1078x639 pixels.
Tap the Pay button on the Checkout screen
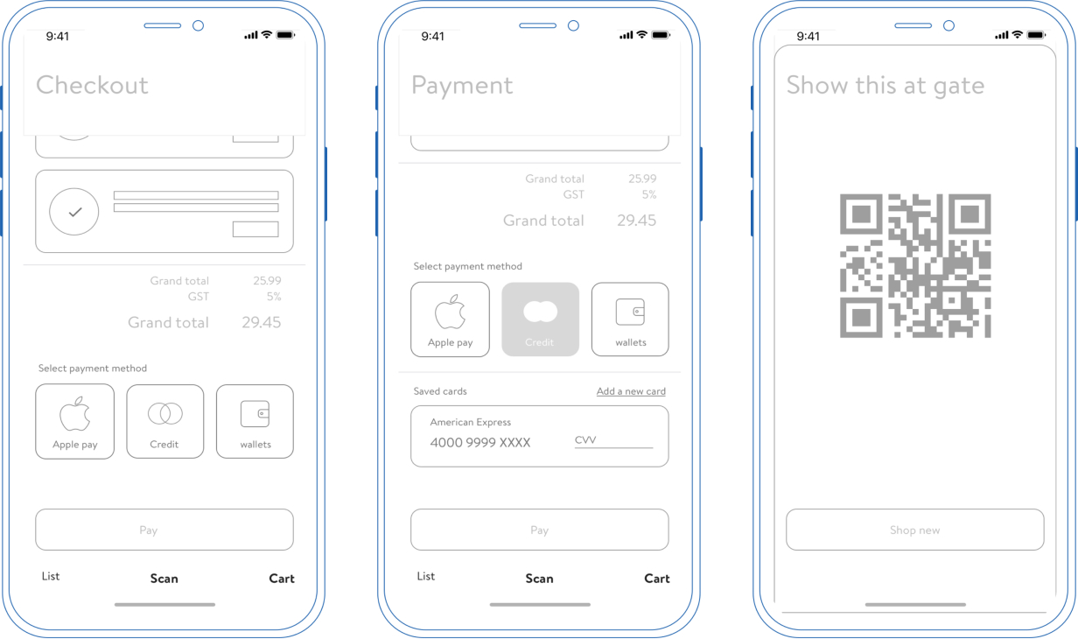[x=164, y=530]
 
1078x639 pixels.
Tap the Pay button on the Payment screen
[x=540, y=530]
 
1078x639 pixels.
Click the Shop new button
[x=915, y=530]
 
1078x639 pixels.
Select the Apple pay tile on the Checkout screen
[x=74, y=421]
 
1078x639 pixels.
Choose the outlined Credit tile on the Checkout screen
[x=165, y=421]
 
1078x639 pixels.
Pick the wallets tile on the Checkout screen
[x=255, y=421]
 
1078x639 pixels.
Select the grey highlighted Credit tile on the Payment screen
[x=541, y=319]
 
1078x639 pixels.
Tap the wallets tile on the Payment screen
[x=630, y=319]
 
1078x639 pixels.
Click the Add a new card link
[x=631, y=391]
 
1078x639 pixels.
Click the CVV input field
[x=613, y=440]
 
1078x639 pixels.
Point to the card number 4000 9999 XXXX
[x=479, y=443]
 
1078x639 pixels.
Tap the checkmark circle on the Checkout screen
[x=74, y=211]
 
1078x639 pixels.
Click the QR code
[x=915, y=266]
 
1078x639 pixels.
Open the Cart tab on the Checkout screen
[x=282, y=579]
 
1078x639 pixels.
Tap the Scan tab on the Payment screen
[x=539, y=579]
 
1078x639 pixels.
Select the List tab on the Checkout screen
[x=51, y=576]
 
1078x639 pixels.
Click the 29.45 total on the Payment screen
[x=636, y=221]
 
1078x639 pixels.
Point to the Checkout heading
[x=92, y=85]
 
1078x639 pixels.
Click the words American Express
[x=470, y=422]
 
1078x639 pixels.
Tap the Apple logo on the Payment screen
[x=450, y=312]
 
